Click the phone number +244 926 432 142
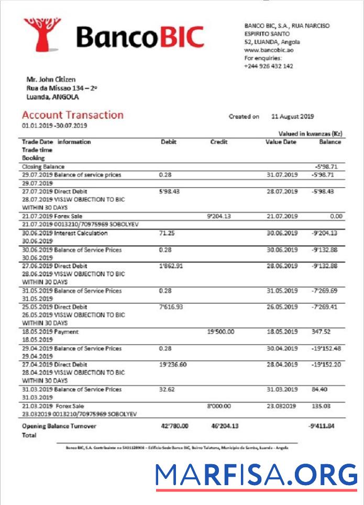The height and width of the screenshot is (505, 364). [268, 66]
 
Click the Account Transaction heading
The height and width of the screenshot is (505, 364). [73, 115]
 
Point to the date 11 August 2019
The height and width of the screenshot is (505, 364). [293, 116]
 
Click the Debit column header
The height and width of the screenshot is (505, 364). [168, 142]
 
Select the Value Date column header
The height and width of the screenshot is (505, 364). [281, 142]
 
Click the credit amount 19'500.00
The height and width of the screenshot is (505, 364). [220, 332]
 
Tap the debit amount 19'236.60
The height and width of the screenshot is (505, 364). [172, 364]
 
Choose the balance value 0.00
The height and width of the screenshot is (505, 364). [335, 216]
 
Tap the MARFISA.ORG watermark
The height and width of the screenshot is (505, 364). [256, 475]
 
